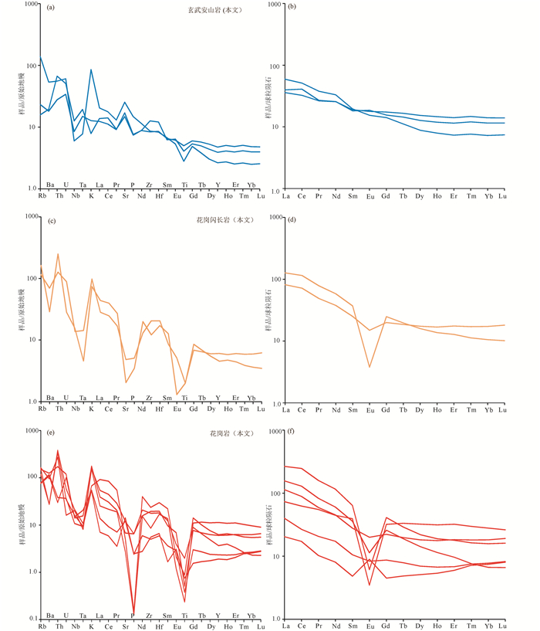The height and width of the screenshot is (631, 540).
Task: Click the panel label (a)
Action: [50, 8]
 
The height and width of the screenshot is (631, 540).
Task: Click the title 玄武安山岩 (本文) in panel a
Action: [224, 8]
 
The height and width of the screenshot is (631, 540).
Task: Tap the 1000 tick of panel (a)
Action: [30, 5]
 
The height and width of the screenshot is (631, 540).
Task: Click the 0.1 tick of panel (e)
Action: [32, 619]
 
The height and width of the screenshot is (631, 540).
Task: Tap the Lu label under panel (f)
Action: [503, 623]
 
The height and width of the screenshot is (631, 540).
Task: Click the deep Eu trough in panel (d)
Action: [370, 366]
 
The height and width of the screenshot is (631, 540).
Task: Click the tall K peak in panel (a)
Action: [92, 70]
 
